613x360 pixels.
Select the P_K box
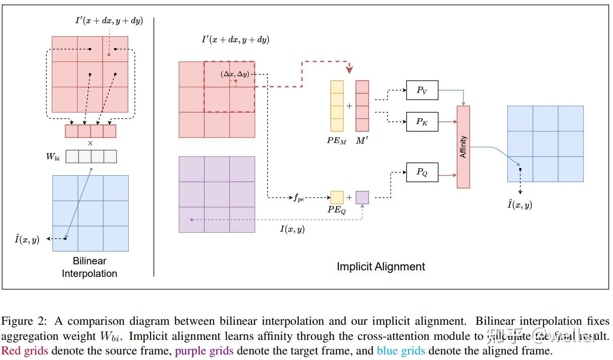point(422,121)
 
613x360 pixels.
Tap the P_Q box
point(422,172)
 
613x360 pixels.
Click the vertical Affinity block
point(463,147)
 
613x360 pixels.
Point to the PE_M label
point(336,141)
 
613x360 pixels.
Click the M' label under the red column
point(362,141)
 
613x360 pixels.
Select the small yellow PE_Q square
point(337,197)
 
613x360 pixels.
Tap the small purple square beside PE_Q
point(362,197)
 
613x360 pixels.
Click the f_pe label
point(299,198)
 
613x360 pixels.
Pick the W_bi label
point(53,157)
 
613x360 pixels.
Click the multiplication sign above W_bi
point(91,143)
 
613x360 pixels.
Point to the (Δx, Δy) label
point(235,74)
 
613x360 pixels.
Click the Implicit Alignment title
point(380,266)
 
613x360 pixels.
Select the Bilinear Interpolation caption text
point(90,267)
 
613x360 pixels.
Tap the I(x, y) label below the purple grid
point(292,230)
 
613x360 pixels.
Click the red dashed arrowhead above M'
point(349,70)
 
